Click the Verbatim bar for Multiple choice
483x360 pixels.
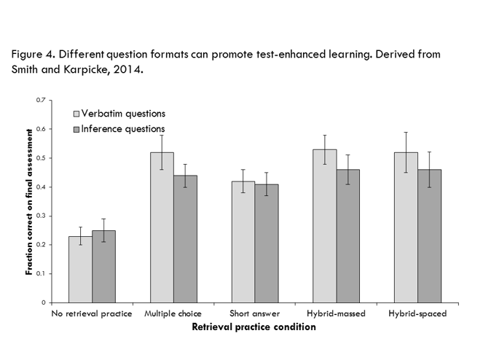pos(162,227)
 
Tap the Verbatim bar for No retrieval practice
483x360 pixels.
pos(80,269)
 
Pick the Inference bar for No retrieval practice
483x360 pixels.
pos(103,266)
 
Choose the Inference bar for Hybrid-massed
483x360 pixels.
pos(347,236)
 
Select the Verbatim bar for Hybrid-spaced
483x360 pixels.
pos(406,227)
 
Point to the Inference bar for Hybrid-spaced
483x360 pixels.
pos(429,236)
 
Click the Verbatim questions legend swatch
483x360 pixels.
pos(76,114)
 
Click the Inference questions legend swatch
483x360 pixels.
pos(76,129)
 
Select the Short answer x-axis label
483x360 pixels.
pos(255,314)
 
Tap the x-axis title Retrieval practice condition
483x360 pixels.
pos(254,327)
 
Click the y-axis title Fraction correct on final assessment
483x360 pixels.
pos(29,201)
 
